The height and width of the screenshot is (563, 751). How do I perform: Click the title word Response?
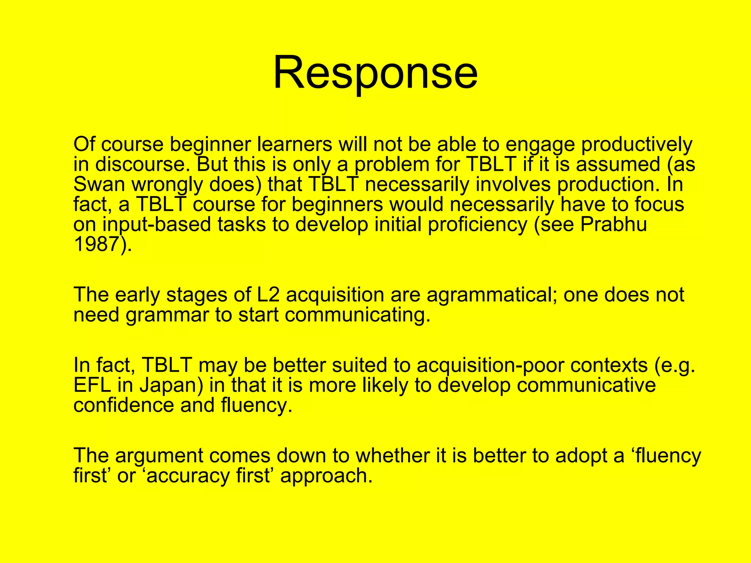375,72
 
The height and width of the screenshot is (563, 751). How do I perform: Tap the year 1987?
97,244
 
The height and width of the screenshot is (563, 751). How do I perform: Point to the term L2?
268,295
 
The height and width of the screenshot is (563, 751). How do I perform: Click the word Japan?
171,385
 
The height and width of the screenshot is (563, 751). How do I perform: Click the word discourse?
143,164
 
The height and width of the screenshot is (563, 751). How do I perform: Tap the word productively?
637,144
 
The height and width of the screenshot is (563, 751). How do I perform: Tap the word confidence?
124,405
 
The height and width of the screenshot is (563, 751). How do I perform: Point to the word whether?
393,456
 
